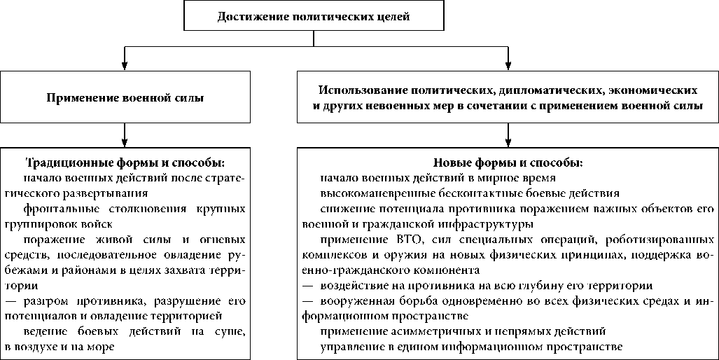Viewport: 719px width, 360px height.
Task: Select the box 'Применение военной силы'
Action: click(x=125, y=98)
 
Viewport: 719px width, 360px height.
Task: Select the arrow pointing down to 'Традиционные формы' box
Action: click(x=125, y=134)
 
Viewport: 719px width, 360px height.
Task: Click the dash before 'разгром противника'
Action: click(x=12, y=300)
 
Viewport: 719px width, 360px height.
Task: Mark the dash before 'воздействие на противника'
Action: click(x=308, y=286)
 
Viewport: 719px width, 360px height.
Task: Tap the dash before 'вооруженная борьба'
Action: click(x=308, y=300)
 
